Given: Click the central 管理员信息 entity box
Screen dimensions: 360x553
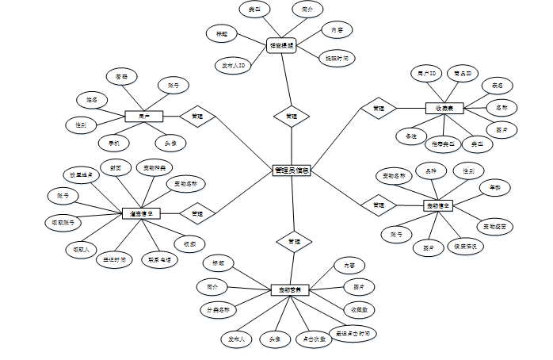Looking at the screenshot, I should tap(292, 170).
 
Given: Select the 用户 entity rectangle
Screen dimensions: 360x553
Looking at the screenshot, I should tap(144, 117).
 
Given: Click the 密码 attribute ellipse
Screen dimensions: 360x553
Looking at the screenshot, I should tap(121, 77).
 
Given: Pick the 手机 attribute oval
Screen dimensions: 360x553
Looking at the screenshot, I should tap(114, 144).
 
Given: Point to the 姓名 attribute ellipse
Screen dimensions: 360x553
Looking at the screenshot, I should tap(92, 101).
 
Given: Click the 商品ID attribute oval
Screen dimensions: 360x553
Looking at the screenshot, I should tap(463, 74).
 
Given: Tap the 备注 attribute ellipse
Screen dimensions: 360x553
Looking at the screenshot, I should tap(411, 136).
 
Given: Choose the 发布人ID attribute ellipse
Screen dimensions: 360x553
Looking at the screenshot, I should tap(233, 64).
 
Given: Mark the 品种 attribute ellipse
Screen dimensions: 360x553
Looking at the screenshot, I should tap(431, 170).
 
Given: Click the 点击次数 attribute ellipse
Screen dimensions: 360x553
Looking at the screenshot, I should tap(313, 339).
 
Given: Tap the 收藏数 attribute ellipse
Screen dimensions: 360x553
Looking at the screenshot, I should tap(358, 308).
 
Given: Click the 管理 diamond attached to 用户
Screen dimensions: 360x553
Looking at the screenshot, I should tap(196, 117).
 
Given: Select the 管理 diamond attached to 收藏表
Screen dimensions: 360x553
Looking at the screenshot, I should tap(379, 108).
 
